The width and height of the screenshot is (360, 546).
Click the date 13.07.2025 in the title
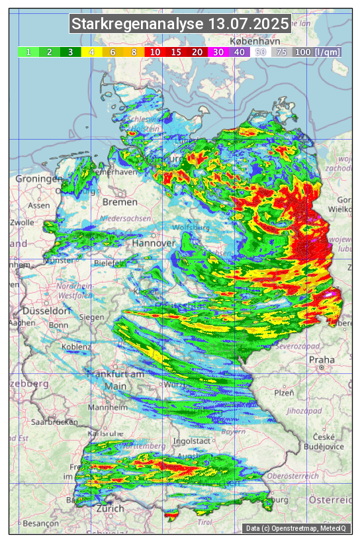(x=248, y=24)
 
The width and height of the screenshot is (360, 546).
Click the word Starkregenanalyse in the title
(x=138, y=24)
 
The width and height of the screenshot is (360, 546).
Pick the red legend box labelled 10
(x=155, y=52)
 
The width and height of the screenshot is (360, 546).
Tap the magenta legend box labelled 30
(x=218, y=52)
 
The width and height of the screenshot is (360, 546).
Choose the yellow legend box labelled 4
(x=92, y=52)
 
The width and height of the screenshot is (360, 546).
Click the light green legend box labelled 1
(x=28, y=52)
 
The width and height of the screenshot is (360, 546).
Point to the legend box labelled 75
(x=281, y=52)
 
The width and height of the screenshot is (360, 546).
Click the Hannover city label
(x=154, y=243)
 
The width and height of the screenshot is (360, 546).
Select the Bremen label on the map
(x=120, y=202)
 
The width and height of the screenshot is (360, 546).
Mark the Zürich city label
(x=110, y=508)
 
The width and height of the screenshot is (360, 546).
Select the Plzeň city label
(x=284, y=392)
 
